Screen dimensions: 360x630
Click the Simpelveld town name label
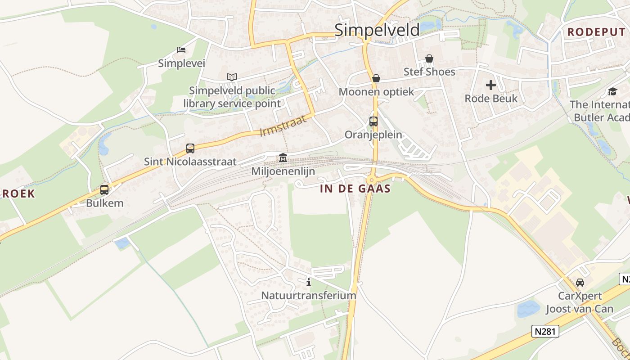coord(377,30)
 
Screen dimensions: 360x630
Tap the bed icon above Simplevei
coord(181,50)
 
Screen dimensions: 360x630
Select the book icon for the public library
coord(232,77)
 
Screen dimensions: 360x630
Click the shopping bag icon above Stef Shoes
coord(429,58)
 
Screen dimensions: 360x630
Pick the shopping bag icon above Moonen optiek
coord(376,78)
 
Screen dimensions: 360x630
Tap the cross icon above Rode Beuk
coord(491,85)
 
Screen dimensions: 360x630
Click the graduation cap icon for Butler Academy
coord(612,91)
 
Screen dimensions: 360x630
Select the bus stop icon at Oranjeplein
coord(373,121)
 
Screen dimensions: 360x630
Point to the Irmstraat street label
coord(283,126)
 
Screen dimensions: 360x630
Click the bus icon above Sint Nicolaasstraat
coord(190,148)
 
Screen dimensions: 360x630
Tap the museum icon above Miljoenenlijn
coord(283,158)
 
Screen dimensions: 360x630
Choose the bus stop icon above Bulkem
coord(104,189)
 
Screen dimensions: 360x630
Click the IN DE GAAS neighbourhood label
coord(355,189)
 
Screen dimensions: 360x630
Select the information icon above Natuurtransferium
coord(309,282)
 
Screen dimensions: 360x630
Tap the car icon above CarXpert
coord(580,283)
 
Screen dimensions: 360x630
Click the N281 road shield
coord(545,332)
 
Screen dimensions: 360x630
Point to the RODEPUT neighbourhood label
coord(596,32)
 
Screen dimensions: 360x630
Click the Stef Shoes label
coord(429,72)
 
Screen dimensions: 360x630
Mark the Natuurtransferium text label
coord(309,296)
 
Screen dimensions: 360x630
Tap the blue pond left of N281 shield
coord(528,309)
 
